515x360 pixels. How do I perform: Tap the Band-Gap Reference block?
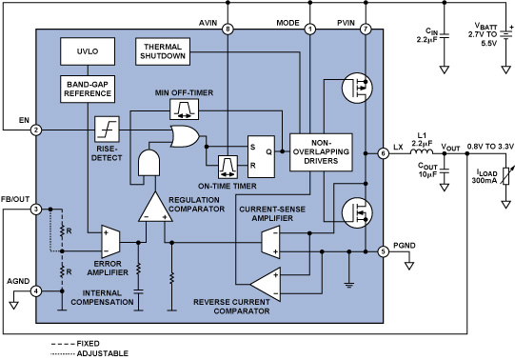[x=87, y=88]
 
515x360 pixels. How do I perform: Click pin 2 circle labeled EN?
[x=35, y=130]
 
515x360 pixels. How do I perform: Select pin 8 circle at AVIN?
[x=228, y=29]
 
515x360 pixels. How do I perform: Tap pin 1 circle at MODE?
[x=309, y=29]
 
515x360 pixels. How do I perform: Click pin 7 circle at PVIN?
[x=366, y=29]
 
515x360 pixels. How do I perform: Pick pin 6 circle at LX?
[x=384, y=152]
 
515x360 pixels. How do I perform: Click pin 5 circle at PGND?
[x=384, y=252]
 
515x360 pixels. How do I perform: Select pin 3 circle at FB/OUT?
[x=35, y=210]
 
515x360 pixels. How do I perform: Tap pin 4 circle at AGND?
[x=35, y=291]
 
